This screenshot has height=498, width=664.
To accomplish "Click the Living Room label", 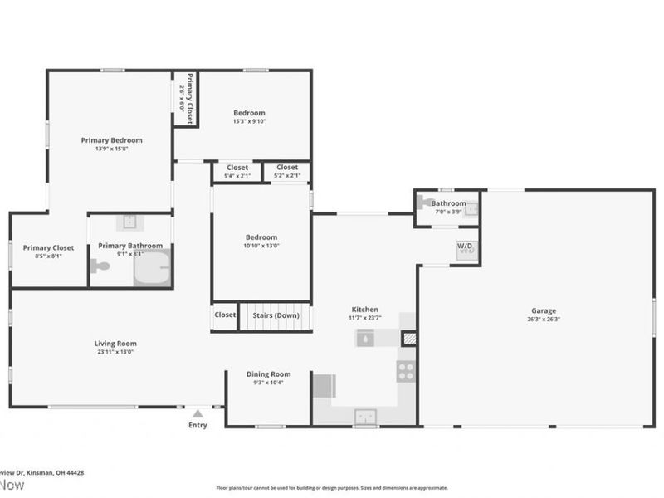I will (115, 343).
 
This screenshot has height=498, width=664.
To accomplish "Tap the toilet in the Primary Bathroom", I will (101, 266).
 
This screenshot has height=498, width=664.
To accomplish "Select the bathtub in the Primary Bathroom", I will (152, 267).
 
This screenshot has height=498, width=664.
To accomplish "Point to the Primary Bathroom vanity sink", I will (130, 222).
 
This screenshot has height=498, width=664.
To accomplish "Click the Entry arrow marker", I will (197, 413).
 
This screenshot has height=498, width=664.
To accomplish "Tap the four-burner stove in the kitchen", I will (406, 371).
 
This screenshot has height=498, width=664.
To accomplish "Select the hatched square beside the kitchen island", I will (408, 339).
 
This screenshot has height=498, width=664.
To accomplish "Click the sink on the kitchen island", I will (367, 338).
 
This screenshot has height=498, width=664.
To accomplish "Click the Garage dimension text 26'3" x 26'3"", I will (544, 320).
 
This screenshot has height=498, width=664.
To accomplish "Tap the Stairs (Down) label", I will (276, 315).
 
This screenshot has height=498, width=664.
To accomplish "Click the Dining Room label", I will (268, 374).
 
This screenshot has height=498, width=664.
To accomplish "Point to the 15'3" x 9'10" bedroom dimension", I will (249, 122).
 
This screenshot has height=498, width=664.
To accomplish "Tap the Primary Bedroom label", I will (111, 140).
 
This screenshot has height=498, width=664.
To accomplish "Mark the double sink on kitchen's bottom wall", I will (366, 416).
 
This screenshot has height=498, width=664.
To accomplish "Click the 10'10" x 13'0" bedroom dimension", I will (261, 246).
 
